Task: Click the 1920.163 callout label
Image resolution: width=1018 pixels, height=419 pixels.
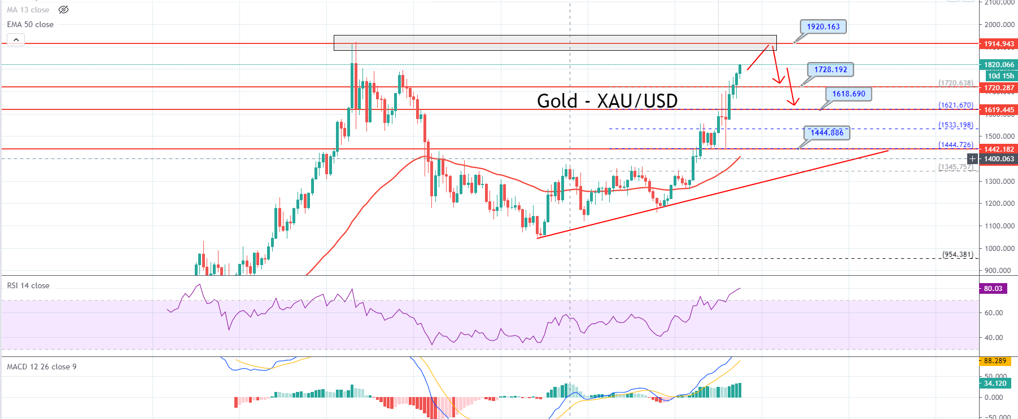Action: coord(823,27)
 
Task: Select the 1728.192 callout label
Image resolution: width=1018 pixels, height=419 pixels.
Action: coord(830,69)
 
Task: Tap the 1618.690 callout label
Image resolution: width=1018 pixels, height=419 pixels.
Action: coord(848,94)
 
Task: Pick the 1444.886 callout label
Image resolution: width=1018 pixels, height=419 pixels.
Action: coord(827,133)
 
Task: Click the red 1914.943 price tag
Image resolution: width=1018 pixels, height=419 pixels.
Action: coord(999,43)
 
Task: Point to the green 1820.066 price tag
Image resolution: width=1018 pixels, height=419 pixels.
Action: coord(999,65)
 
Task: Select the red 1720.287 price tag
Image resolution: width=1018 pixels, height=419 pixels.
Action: coord(999,87)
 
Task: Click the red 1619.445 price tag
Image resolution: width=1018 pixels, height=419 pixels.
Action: coord(999,110)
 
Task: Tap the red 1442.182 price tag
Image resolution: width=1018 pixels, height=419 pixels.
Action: coord(999,149)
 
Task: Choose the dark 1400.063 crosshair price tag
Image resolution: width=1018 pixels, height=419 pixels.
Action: coord(999,159)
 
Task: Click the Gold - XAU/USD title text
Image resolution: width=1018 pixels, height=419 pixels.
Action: coord(607,101)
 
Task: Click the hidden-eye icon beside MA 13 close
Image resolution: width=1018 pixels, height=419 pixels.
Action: coord(64,10)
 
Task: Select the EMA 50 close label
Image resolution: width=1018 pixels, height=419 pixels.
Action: coord(30,24)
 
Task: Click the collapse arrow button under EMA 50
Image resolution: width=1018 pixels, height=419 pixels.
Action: coord(16,39)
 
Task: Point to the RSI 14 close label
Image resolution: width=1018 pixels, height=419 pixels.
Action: coord(28,285)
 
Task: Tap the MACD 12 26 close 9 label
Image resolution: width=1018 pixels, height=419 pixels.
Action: coord(41,367)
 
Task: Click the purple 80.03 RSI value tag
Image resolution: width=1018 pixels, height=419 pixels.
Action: coord(993,288)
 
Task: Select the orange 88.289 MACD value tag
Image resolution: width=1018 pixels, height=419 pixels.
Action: coord(995,360)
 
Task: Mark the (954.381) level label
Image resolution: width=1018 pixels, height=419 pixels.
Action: coord(958,254)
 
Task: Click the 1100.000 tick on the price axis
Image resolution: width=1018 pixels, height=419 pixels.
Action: coord(999,226)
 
